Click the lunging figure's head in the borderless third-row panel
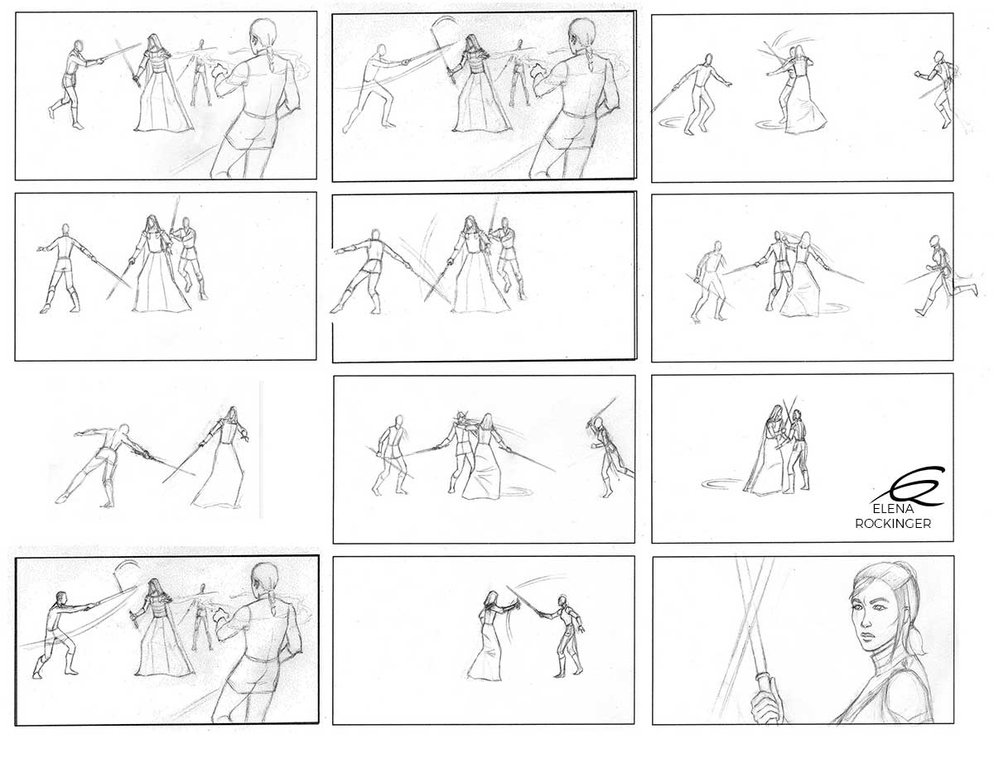tap(124, 432)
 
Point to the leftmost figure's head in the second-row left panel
tap(64, 230)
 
